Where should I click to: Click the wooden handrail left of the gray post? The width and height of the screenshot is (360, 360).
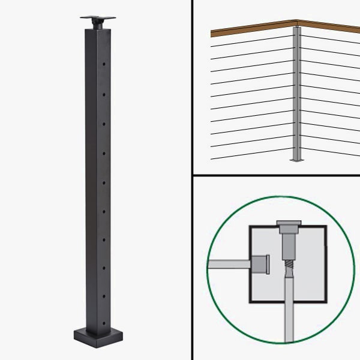coord(252,29)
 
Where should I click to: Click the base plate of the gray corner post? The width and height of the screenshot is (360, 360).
coord(296,160)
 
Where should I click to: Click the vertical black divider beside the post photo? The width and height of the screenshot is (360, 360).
coord(192,180)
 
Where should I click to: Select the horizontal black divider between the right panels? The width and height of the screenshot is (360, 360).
coord(276,175)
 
